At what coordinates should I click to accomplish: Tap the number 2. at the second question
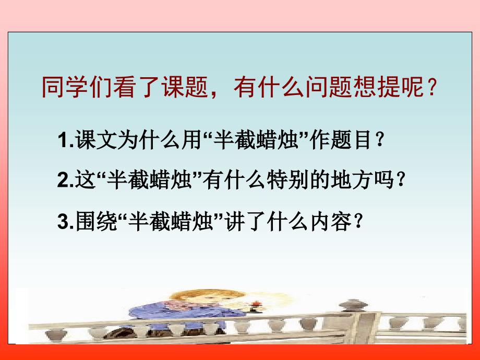(66, 181)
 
